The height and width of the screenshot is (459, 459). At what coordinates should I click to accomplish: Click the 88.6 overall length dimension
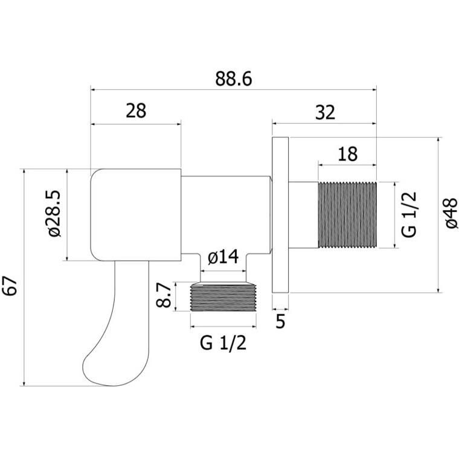click(233, 79)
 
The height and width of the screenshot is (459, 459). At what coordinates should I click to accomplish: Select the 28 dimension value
click(136, 111)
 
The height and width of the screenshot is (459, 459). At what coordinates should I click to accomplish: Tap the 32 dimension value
click(325, 112)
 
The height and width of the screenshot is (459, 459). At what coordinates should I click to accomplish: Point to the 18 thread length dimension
click(347, 154)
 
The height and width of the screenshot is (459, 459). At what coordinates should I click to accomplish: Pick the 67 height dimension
click(10, 286)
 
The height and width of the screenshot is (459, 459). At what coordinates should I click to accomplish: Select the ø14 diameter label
click(223, 257)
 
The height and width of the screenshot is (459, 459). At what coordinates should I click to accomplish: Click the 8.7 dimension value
click(163, 295)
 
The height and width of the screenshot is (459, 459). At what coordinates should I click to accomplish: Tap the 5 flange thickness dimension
click(280, 321)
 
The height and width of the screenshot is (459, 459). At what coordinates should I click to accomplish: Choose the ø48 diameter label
click(451, 213)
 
